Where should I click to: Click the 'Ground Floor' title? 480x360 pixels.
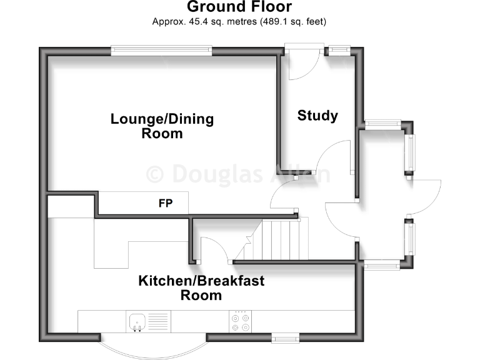pyautogui.click(x=239, y=7)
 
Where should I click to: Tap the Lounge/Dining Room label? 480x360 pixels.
pyautogui.click(x=162, y=126)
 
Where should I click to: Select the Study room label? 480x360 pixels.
pyautogui.click(x=317, y=116)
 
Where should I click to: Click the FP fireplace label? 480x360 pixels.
pyautogui.click(x=166, y=203)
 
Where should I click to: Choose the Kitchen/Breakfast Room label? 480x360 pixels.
pyautogui.click(x=201, y=288)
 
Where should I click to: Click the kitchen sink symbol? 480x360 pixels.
pyautogui.click(x=137, y=322)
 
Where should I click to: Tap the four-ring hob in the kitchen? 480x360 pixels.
pyautogui.click(x=241, y=321)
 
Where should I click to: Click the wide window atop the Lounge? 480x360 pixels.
pyautogui.click(x=161, y=50)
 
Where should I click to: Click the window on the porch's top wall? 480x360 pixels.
pyautogui.click(x=382, y=124)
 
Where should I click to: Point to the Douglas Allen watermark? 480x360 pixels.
pyautogui.click(x=237, y=173)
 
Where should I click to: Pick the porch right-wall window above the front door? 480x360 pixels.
pyautogui.click(x=410, y=154)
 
